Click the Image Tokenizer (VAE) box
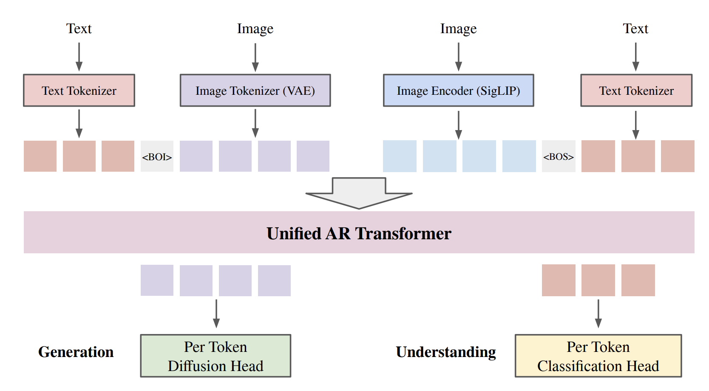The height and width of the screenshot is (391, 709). point(255,91)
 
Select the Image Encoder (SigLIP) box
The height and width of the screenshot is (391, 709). point(458,91)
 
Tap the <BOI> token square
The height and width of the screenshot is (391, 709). point(157,156)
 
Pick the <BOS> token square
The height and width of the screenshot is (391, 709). point(559,156)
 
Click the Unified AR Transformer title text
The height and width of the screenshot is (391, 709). point(359,233)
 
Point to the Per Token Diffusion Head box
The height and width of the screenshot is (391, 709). point(216,356)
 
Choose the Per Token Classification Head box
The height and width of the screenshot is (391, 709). point(598,356)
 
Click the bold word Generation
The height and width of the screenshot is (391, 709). point(76,352)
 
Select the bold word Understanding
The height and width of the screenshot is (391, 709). point(446,352)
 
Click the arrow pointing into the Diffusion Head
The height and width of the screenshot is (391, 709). point(216,314)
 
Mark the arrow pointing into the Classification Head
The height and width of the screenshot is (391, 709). point(598,314)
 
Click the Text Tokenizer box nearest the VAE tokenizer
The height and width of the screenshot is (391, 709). point(79,91)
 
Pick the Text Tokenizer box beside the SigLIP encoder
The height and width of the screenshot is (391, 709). point(636,91)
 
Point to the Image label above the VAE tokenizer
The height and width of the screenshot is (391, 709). point(255,28)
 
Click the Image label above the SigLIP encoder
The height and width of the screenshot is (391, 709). point(458,28)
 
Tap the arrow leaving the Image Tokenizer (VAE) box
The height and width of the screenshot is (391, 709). point(255,123)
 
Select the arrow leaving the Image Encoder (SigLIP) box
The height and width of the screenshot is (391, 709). point(458,125)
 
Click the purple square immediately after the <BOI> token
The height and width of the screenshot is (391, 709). point(196,156)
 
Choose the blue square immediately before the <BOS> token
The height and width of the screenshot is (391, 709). point(519,156)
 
